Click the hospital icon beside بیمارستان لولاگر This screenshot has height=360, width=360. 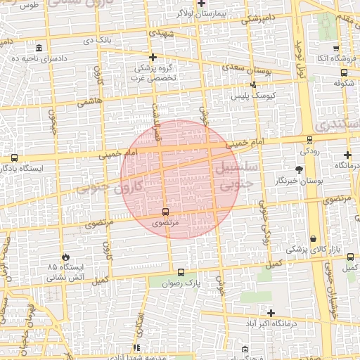tap(201, 4)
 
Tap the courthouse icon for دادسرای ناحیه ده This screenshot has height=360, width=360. tap(37, 48)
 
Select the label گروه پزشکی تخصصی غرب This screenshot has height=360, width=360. tap(154, 73)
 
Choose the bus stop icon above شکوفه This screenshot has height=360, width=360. tap(343, 72)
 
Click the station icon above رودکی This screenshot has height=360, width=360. tap(309, 140)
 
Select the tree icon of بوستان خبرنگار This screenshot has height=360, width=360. tap(299, 169)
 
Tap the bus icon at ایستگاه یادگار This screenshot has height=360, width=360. tap(15, 158)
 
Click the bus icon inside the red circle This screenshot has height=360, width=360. tap(165, 212)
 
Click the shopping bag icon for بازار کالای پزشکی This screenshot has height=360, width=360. tap(312, 240)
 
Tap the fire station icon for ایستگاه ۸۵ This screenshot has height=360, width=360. tap(66, 258)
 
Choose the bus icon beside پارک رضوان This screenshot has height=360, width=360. tap(181, 273)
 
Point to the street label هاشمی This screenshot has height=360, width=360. tap(92, 102)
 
